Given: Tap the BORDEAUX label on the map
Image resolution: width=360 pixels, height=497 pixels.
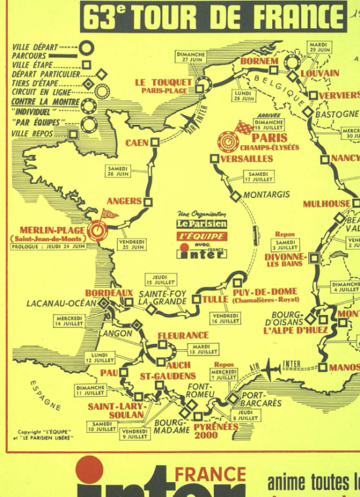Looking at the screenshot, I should pos(109,293).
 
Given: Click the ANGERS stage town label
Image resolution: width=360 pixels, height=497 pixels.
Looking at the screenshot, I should pos(124,201).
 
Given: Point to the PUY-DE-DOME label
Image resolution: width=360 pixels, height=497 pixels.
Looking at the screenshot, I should pos(264,292).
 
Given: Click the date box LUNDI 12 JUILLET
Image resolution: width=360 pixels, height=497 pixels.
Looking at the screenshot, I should pos(99,356).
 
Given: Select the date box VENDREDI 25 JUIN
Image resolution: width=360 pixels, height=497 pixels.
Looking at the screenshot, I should pos(132,245).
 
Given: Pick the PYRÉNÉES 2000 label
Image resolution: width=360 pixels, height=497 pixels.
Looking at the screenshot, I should pos(215,430).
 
